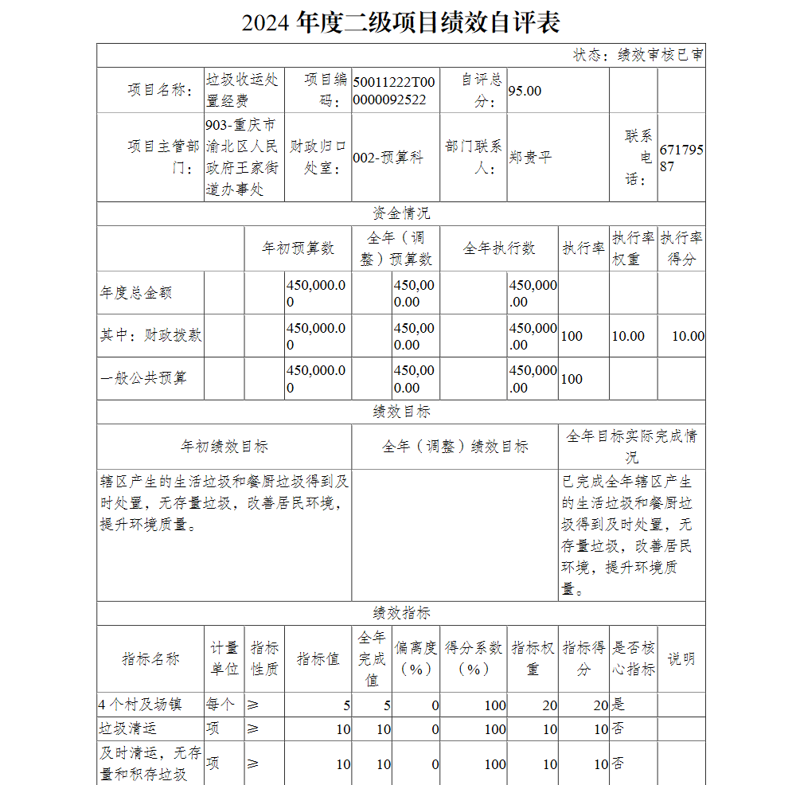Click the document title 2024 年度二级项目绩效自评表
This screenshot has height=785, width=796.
coord(400,22)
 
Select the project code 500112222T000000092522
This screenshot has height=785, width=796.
coord(394,91)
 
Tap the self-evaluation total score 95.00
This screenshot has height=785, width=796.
coord(525,91)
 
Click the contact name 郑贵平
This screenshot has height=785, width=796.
coord(530,158)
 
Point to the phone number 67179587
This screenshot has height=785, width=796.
coord(681,158)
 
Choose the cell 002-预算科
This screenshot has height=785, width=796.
coord(388,158)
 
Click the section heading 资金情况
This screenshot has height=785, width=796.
coord(401,214)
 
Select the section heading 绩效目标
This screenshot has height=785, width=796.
coord(401,412)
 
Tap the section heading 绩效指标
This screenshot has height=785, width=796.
coord(401,614)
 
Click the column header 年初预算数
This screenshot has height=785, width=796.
coord(298,248)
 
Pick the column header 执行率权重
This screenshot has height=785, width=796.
coord(634,248)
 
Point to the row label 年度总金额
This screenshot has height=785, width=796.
coord(136,293)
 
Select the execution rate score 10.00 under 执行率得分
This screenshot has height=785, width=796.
coord(688,336)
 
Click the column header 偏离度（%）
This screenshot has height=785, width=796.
coord(416,658)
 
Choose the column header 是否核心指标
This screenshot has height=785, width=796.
coord(634,658)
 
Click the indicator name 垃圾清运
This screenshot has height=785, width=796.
coord(128,728)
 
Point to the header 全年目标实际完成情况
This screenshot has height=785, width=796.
coord(631,447)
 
